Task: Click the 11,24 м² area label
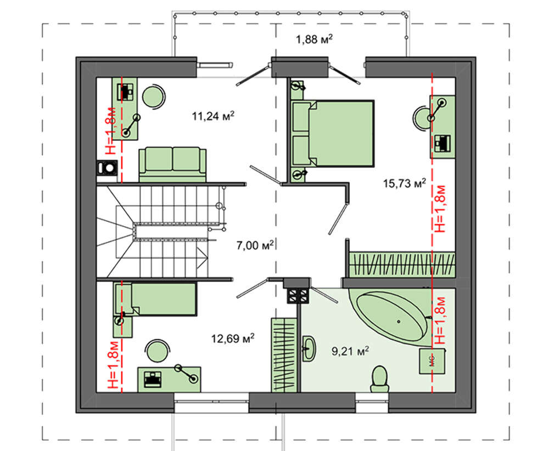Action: point(213,116)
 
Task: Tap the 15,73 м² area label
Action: point(405,183)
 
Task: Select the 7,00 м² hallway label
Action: point(255,245)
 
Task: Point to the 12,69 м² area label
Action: point(232,339)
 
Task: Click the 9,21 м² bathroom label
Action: point(350,351)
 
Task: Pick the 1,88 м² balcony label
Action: point(314,39)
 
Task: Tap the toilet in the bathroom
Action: point(380,379)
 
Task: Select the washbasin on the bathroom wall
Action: point(309,348)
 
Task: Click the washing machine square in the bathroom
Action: point(432,360)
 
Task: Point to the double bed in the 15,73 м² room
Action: point(333,133)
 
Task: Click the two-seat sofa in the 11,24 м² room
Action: point(172,165)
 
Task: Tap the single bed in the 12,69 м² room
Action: point(155,299)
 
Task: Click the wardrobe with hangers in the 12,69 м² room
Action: point(284,355)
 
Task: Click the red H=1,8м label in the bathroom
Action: point(441,320)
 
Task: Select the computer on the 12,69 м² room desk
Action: point(153,379)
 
